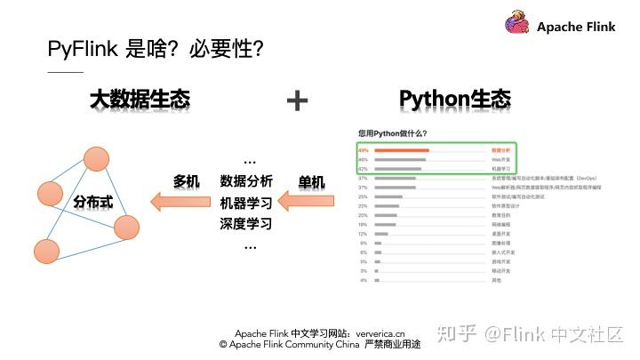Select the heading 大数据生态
click(x=140, y=100)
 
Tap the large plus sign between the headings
click(x=297, y=100)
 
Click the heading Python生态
click(x=455, y=99)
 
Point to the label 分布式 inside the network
click(x=92, y=202)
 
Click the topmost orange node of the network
click(x=96, y=160)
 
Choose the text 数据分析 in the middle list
click(x=246, y=181)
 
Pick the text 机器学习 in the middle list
click(x=246, y=203)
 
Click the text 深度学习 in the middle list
click(x=246, y=223)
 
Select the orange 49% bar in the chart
click(x=402, y=150)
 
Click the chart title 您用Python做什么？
click(x=392, y=133)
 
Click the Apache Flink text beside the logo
click(x=576, y=27)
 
